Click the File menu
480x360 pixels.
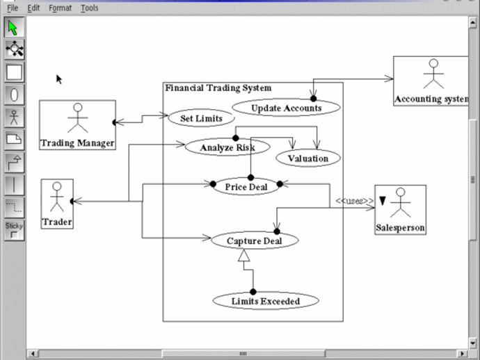click(13, 8)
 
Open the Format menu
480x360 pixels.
click(60, 8)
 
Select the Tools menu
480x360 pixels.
click(89, 8)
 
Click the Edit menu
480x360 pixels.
click(33, 8)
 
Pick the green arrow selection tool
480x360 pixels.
click(14, 28)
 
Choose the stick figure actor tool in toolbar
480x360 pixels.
click(14, 117)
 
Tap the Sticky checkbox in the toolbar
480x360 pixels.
click(14, 236)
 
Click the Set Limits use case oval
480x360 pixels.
click(201, 118)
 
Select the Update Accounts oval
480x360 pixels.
click(286, 108)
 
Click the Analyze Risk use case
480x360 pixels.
click(227, 147)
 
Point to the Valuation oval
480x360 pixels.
click(307, 158)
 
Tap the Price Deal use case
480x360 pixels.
click(246, 186)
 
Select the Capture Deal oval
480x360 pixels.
click(254, 240)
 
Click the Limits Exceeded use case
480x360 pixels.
click(265, 301)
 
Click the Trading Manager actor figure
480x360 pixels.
click(77, 118)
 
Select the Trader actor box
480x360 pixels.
click(56, 204)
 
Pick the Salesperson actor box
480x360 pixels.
click(400, 209)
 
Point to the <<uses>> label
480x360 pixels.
click(354, 201)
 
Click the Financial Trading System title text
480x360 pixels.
click(218, 88)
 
